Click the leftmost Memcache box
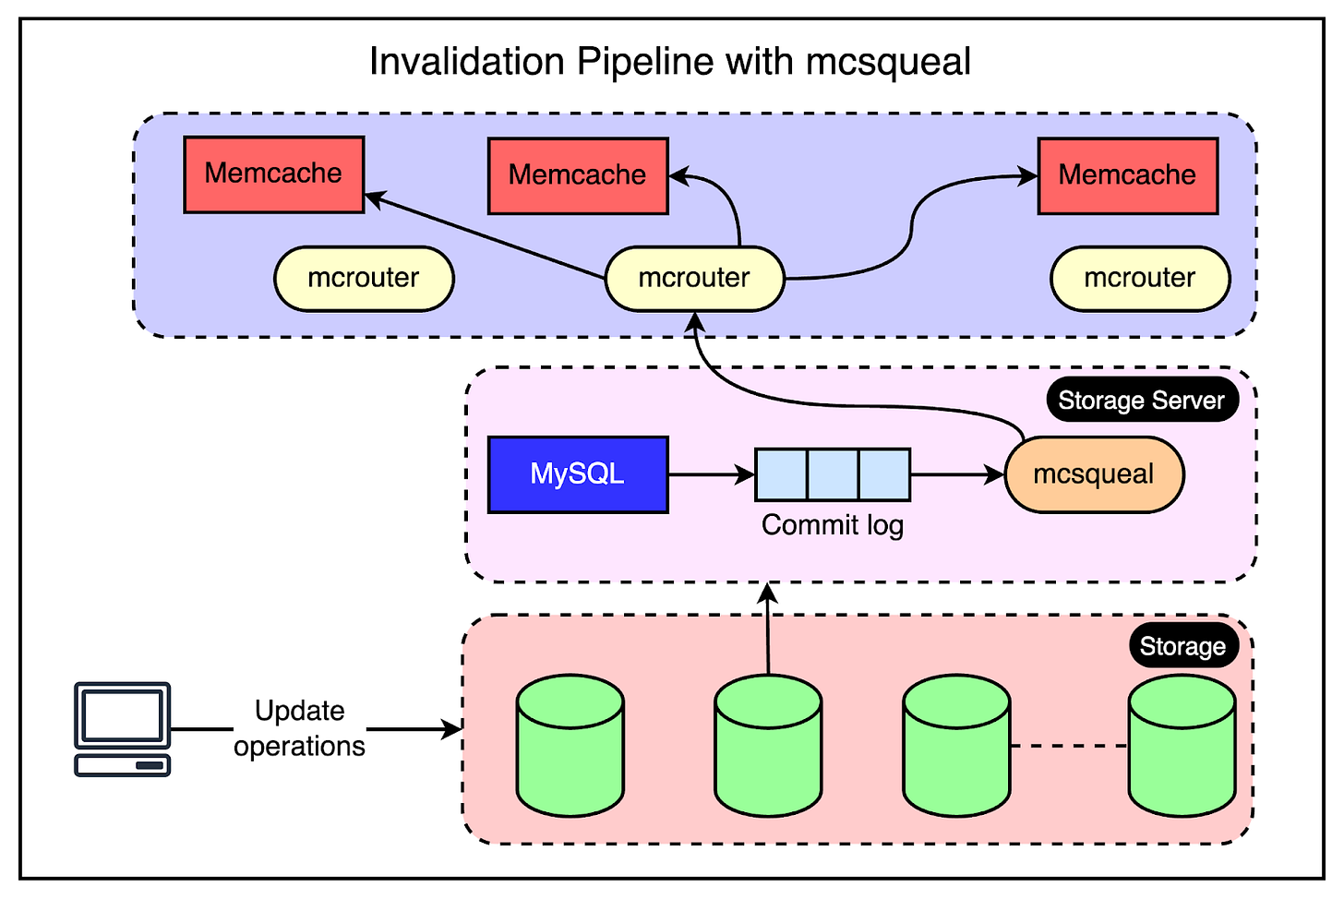[273, 174]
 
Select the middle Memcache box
[578, 175]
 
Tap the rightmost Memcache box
[1128, 175]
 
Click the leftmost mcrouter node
[364, 279]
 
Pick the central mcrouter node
[695, 279]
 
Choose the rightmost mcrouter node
[1141, 279]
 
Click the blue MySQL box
[578, 474]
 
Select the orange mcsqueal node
[1095, 474]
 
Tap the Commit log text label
[833, 526]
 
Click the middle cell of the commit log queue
[833, 474]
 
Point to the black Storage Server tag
[1143, 400]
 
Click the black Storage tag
[1183, 646]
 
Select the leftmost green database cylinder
[570, 746]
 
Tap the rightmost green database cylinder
[1182, 746]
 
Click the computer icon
[123, 729]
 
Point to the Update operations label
[299, 728]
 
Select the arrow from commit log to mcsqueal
[958, 474]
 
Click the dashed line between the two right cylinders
[1069, 746]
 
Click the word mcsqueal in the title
[888, 61]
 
